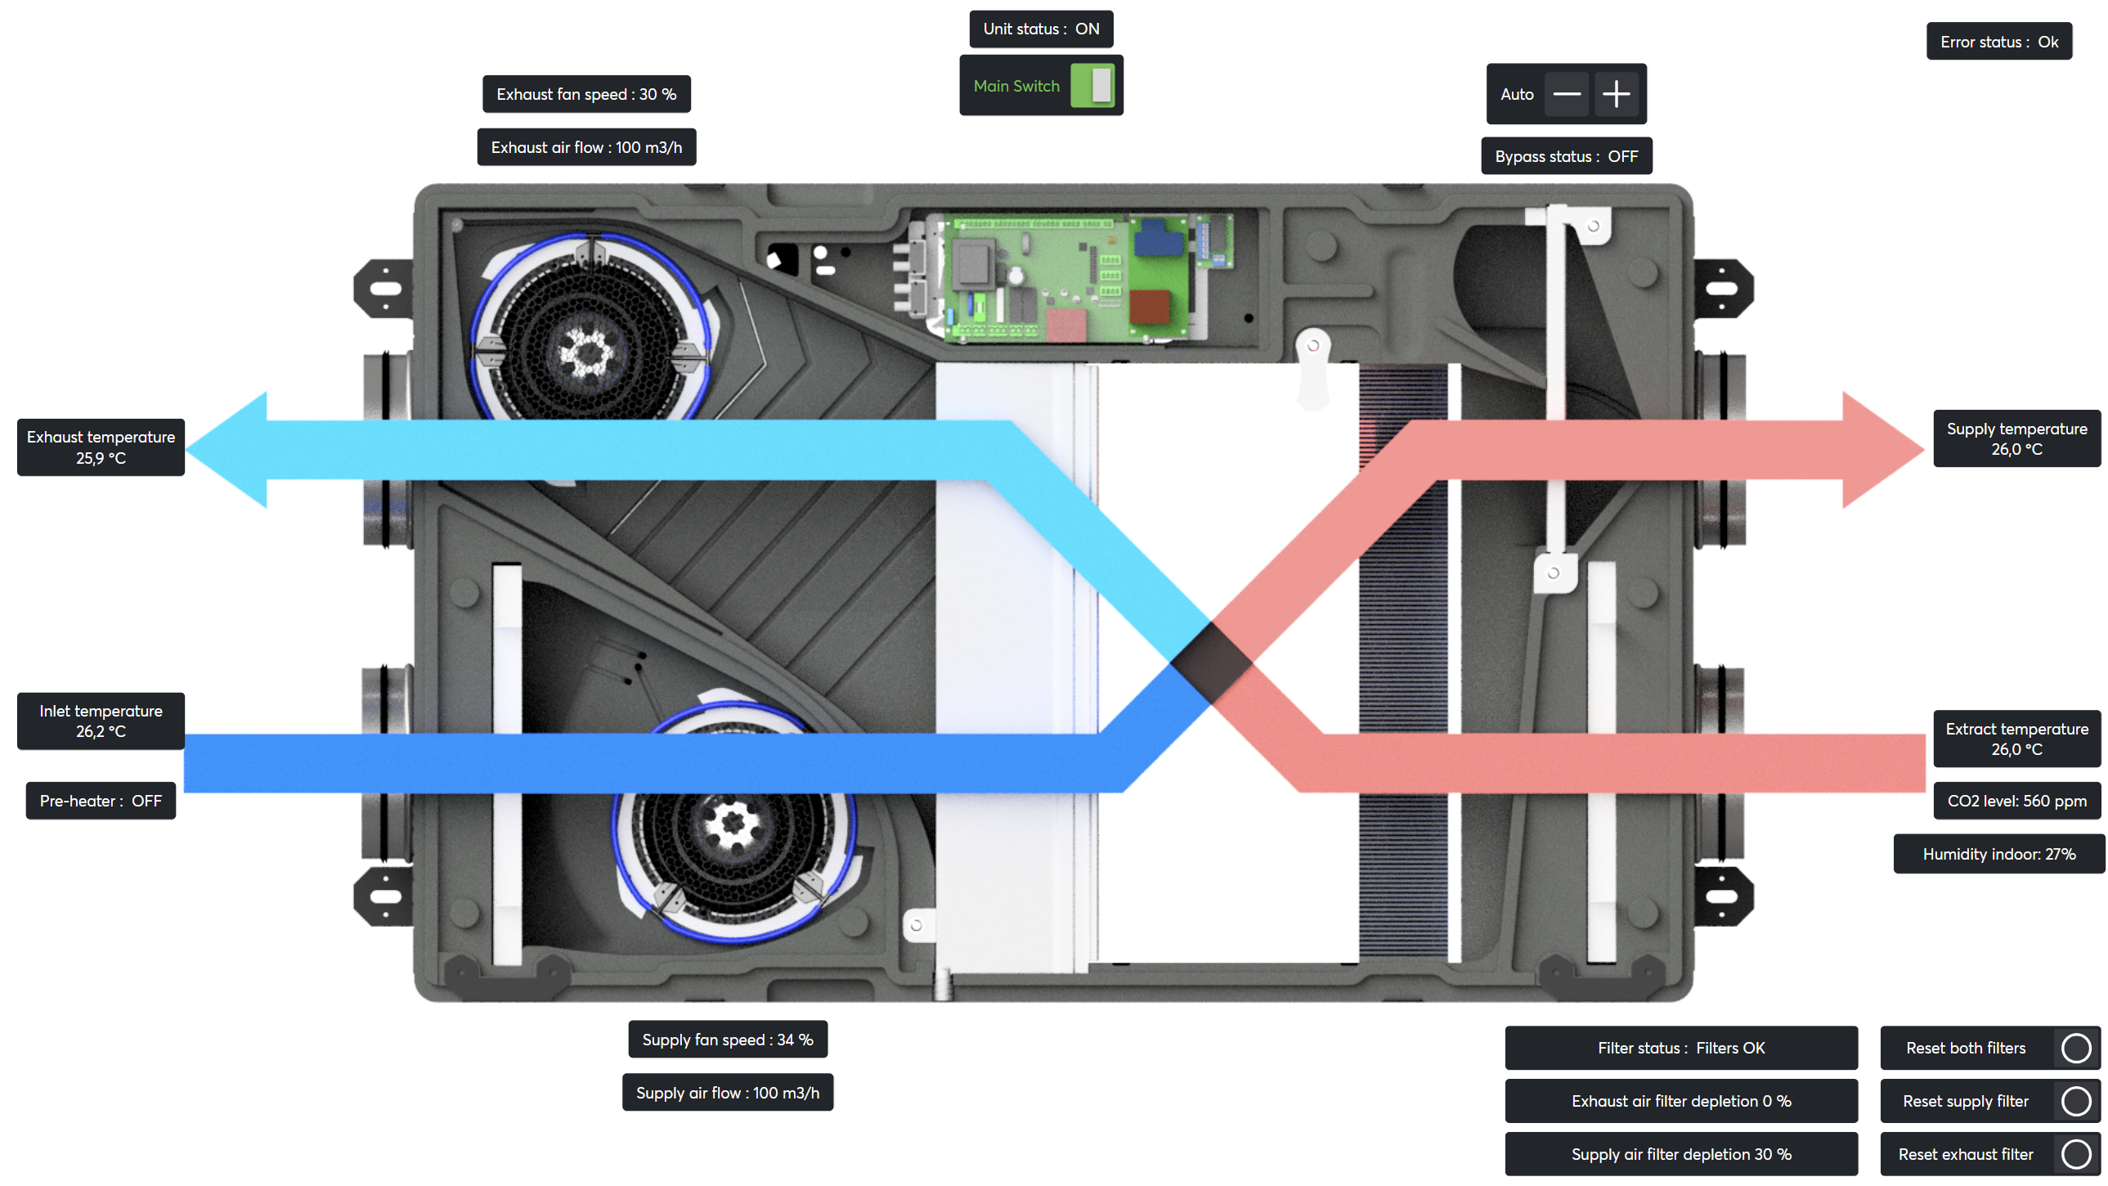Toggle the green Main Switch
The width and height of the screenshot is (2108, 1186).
(1092, 86)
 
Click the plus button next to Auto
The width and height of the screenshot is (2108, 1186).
(1616, 94)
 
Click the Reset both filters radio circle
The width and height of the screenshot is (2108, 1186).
(2075, 1048)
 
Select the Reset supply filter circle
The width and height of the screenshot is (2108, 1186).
(2075, 1101)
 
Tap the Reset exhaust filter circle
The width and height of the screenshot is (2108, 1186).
(2075, 1154)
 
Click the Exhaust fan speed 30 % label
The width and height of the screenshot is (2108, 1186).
(586, 94)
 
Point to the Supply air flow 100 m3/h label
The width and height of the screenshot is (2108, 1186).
(728, 1093)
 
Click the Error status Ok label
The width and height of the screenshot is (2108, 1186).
(1998, 42)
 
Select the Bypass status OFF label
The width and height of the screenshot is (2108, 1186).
(1565, 156)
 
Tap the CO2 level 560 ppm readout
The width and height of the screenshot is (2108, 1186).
(2016, 801)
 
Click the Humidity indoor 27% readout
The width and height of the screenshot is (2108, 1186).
(1998, 854)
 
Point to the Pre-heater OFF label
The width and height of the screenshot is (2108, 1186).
(101, 801)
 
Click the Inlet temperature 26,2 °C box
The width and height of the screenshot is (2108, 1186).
(101, 721)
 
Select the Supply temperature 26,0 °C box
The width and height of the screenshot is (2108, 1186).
(2016, 438)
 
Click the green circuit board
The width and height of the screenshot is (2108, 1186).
(1064, 278)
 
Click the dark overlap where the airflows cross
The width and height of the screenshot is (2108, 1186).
(1211, 663)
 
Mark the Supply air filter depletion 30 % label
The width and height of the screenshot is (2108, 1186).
(1681, 1154)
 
